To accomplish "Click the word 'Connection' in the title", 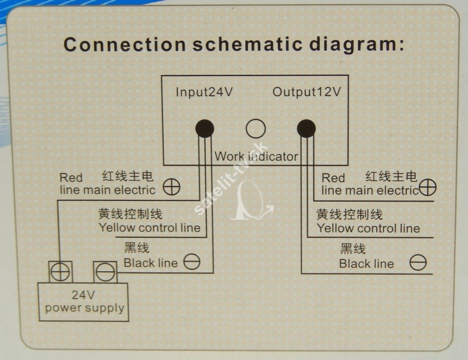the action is pyautogui.click(x=125, y=45).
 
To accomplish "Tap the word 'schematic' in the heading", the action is pyautogui.click(x=247, y=44).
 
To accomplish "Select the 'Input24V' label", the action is pyautogui.click(x=204, y=92).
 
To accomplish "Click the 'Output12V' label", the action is pyautogui.click(x=307, y=92).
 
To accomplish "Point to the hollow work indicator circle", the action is pyautogui.click(x=256, y=129).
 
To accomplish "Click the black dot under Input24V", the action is pyautogui.click(x=205, y=129).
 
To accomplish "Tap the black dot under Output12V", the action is pyautogui.click(x=306, y=129).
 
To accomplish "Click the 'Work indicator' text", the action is pyautogui.click(x=256, y=156).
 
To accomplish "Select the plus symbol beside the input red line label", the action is pyautogui.click(x=171, y=188).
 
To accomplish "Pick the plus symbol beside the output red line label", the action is pyautogui.click(x=428, y=188).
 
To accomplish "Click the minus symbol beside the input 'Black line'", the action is pyautogui.click(x=192, y=262).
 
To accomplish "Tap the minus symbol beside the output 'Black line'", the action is pyautogui.click(x=418, y=262).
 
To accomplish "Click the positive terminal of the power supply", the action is pyautogui.click(x=60, y=272).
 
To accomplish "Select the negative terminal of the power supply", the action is pyautogui.click(x=105, y=272).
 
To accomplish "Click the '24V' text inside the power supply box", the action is pyautogui.click(x=84, y=295).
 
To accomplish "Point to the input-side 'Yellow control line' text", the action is pyautogui.click(x=150, y=228).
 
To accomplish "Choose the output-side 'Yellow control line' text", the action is pyautogui.click(x=369, y=229).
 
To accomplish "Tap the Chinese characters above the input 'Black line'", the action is pyautogui.click(x=136, y=248).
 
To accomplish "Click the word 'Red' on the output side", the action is pyautogui.click(x=333, y=178).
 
